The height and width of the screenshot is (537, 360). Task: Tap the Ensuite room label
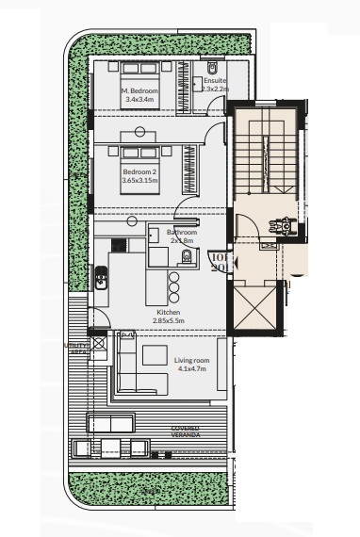click(x=215, y=82)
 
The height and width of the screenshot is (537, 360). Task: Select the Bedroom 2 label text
click(x=139, y=172)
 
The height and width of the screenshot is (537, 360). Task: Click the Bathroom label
click(x=182, y=232)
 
